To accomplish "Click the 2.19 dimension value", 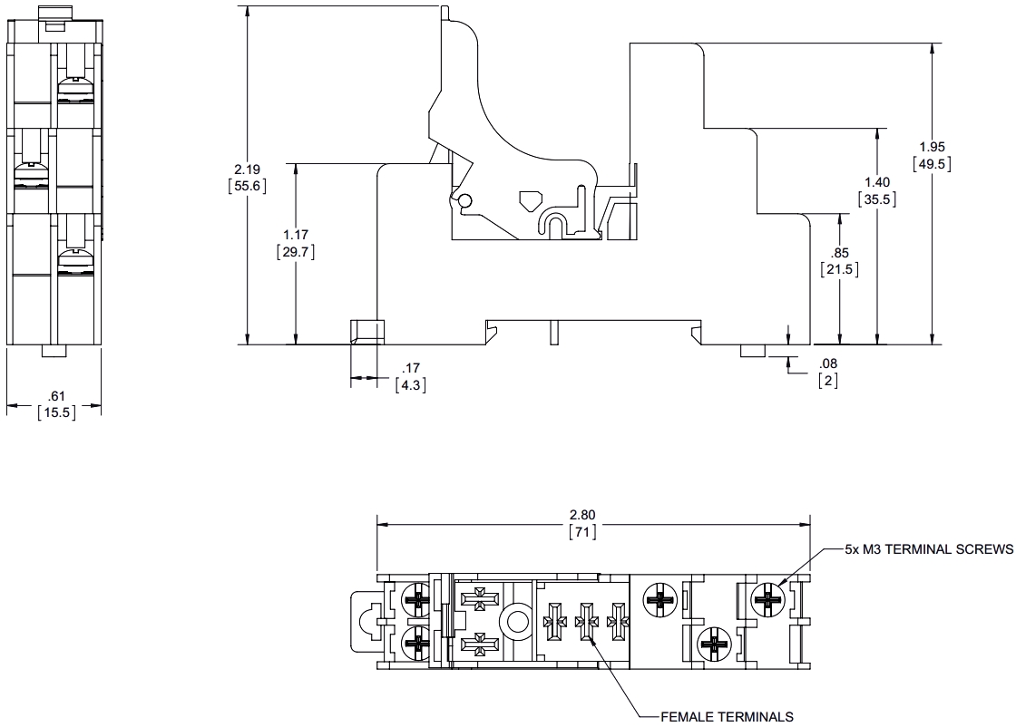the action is coord(248,169).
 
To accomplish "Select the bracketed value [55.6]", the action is coord(248,186).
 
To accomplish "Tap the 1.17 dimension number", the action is coord(296,235).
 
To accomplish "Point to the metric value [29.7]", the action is coord(296,251).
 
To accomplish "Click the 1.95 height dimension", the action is coord(932,147).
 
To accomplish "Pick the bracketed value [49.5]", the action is coord(932,164).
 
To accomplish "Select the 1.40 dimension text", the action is coord(877,182).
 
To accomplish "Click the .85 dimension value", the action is coord(840,253).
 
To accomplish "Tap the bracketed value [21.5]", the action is coord(840,268).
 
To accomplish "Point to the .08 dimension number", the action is coord(828,363).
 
